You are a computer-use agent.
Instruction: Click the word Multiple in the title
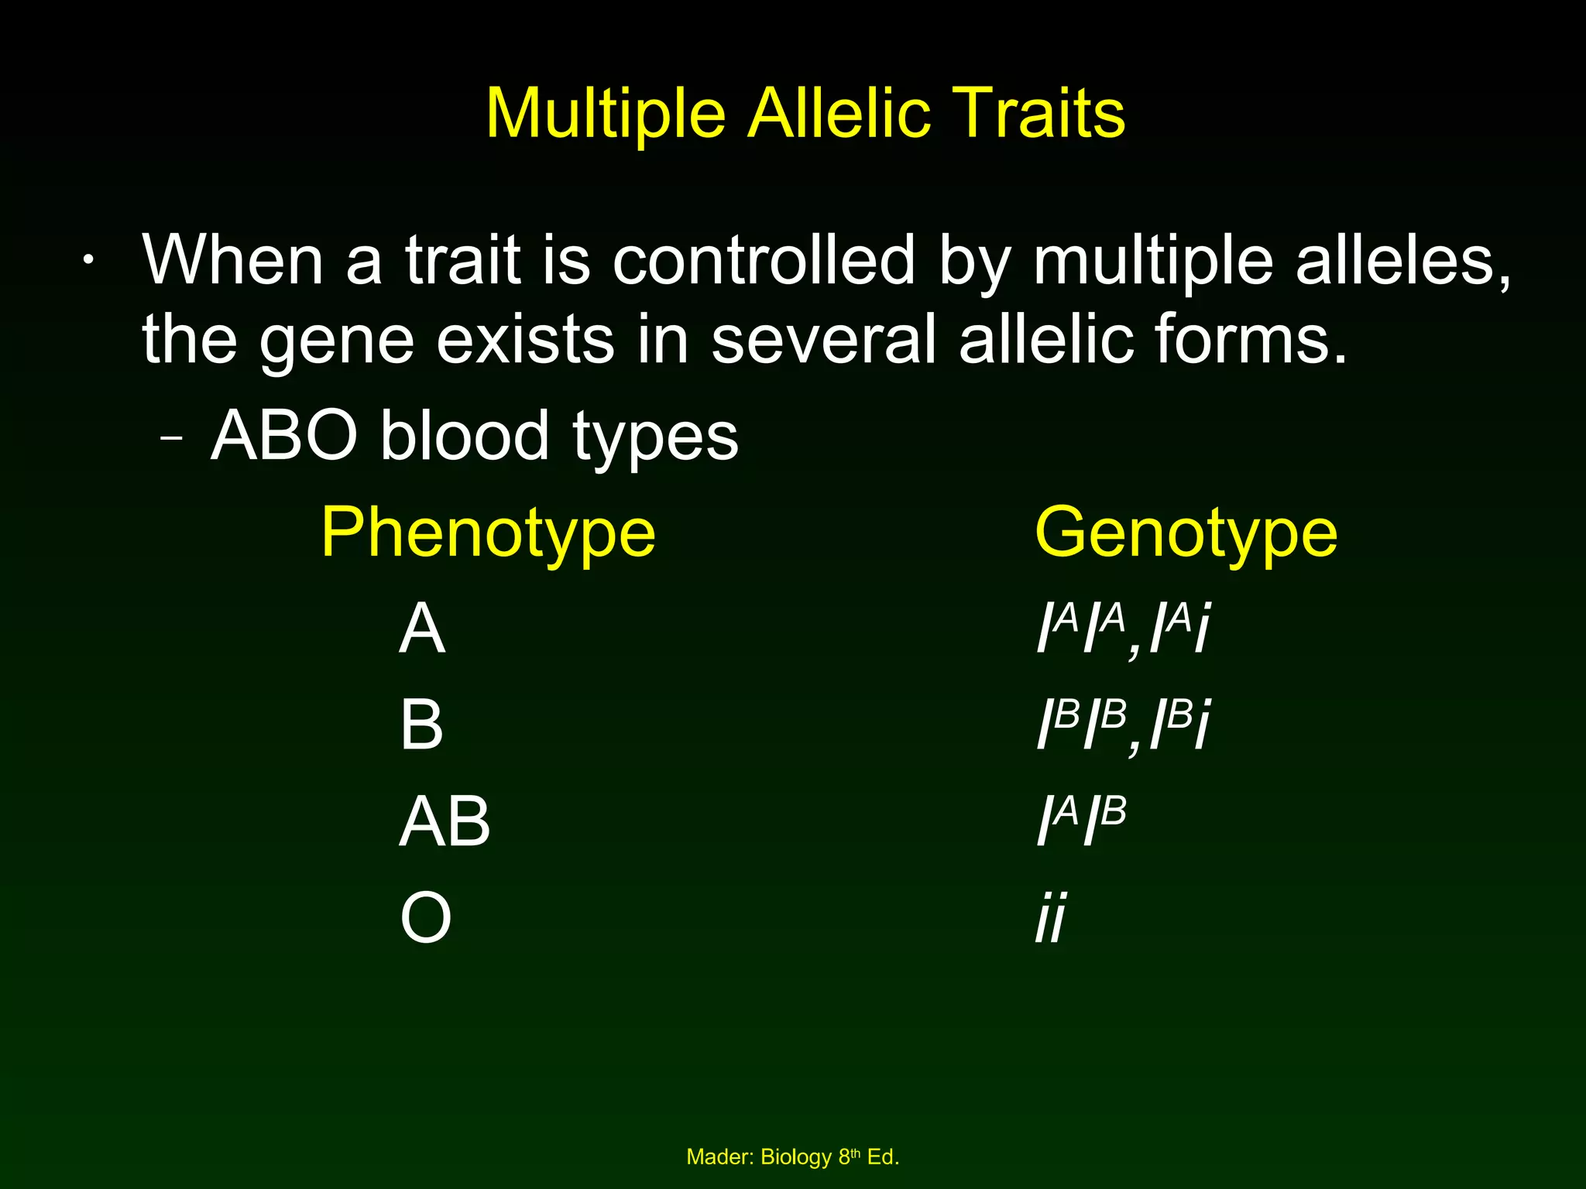(x=605, y=115)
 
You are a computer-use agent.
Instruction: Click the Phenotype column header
(x=488, y=533)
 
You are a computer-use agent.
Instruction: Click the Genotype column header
(x=1186, y=533)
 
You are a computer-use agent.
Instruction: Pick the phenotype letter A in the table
(x=422, y=629)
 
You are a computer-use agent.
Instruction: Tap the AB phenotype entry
(x=445, y=821)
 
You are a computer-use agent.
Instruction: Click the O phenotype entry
(x=425, y=918)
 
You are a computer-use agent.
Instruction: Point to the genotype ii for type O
(x=1051, y=918)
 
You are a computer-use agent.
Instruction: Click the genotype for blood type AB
(x=1081, y=821)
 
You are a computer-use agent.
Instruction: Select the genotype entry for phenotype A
(x=1123, y=629)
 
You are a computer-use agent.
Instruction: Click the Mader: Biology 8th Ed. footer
(x=792, y=1157)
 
